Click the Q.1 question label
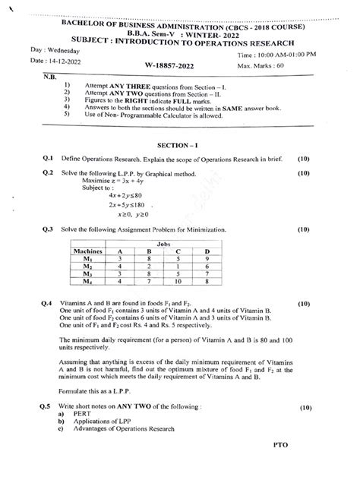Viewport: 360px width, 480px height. (x=46, y=159)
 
